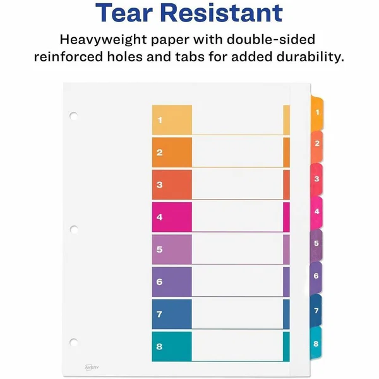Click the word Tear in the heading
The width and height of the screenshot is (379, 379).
pos(124,13)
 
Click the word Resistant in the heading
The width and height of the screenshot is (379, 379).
pos(221,13)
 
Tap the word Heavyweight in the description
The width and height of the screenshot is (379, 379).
pos(103,40)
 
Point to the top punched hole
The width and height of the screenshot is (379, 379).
pos(74,116)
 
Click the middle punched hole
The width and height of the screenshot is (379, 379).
pos(74,230)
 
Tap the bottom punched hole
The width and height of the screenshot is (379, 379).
pos(74,342)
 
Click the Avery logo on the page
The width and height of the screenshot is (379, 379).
pos(92,367)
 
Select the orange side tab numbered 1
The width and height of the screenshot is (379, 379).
pos(317,114)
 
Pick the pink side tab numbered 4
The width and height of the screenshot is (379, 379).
pos(316,213)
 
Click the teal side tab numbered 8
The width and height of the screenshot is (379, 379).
pos(316,342)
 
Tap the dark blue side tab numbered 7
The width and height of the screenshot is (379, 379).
pos(316,310)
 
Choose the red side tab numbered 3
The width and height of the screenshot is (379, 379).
pos(316,179)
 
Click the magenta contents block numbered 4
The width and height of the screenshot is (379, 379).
pos(172,217)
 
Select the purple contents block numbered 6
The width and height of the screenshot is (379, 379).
pos(172,282)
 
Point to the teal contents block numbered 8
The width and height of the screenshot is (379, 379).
pos(172,346)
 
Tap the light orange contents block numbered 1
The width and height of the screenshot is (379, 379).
pos(172,120)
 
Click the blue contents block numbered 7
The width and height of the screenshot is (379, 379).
pos(172,314)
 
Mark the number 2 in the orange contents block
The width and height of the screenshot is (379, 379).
pos(160,152)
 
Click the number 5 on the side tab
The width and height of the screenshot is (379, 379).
pos(316,243)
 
